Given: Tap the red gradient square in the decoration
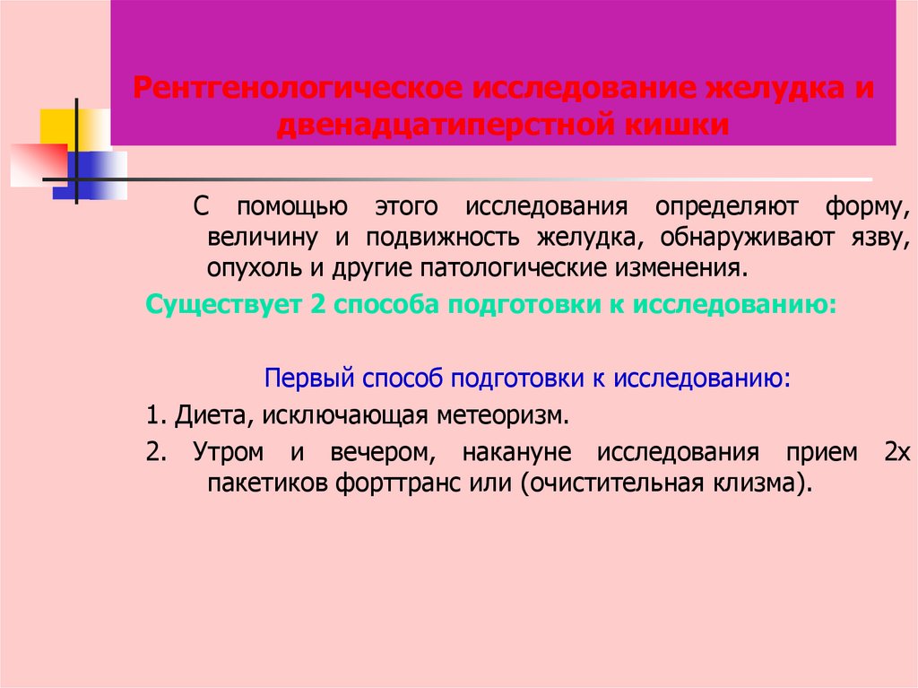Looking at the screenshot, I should click(36, 163).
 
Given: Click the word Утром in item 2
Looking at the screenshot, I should click(224, 452).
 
